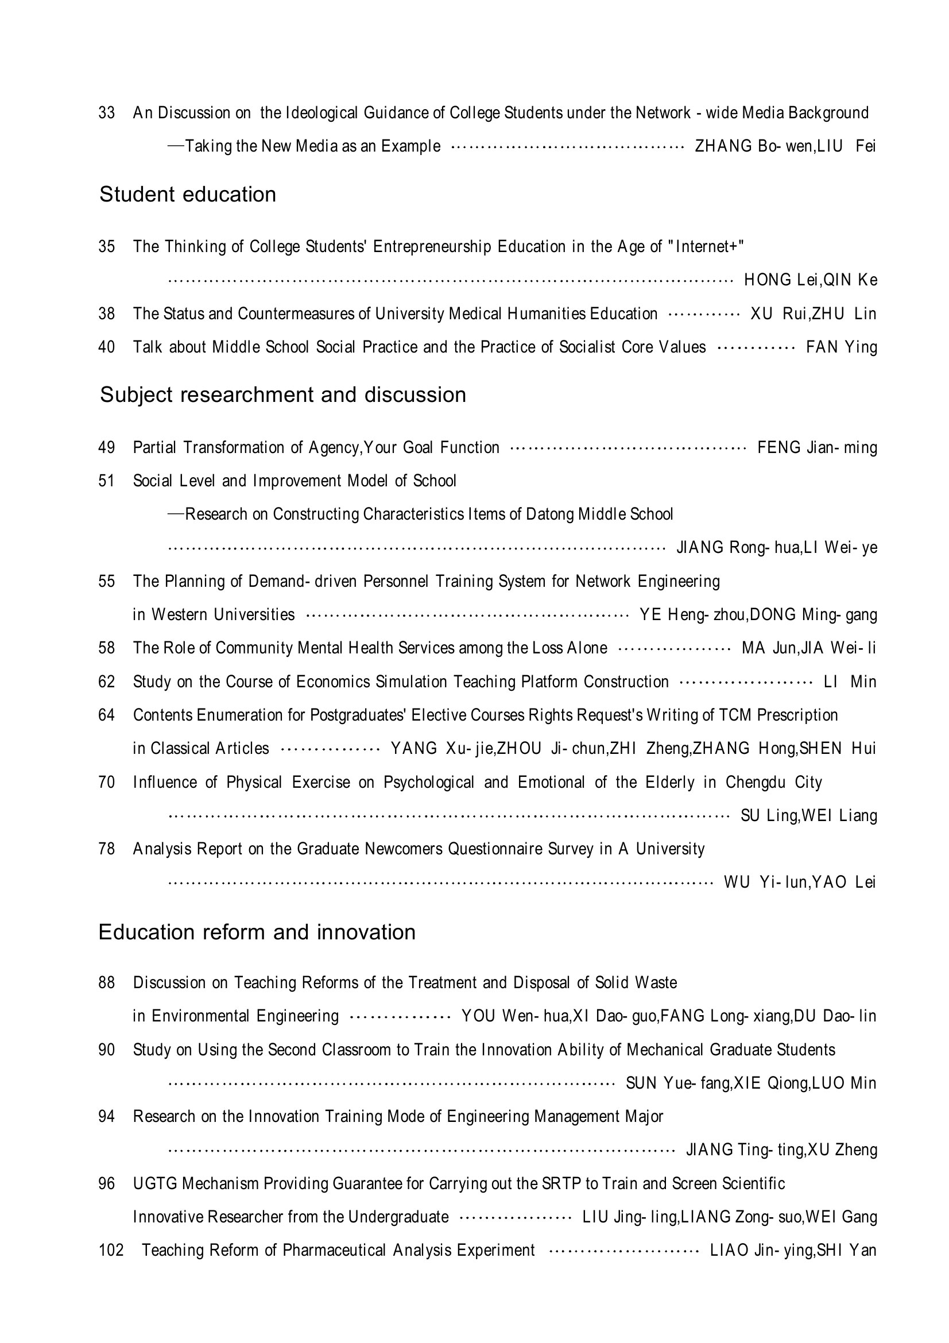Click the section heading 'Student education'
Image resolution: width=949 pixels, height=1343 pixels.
[x=187, y=195]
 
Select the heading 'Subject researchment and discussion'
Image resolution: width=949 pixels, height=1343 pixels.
[x=283, y=396]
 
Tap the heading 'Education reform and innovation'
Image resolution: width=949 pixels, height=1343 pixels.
[x=257, y=932]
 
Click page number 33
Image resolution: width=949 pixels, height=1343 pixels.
[x=106, y=113]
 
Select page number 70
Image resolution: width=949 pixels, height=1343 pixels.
[x=106, y=783]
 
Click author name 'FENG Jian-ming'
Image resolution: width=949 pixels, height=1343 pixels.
[x=817, y=448]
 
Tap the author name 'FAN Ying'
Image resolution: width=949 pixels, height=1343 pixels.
[x=842, y=348]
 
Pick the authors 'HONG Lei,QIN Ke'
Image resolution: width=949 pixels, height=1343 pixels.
[x=810, y=281]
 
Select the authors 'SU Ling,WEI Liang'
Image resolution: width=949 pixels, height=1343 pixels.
[x=809, y=816]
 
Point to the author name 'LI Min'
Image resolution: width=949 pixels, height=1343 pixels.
[x=850, y=682]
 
